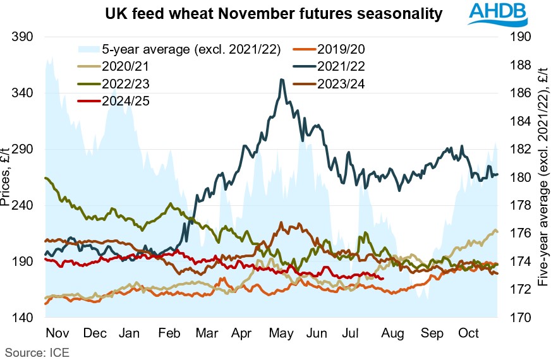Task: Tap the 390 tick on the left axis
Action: pyautogui.click(x=22, y=37)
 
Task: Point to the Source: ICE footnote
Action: pyautogui.click(x=37, y=351)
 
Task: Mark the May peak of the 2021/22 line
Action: pyautogui.click(x=281, y=80)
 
